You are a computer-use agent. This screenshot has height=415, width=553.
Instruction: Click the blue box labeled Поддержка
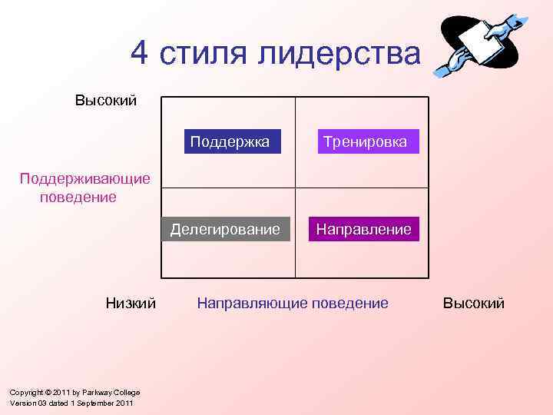click(230, 141)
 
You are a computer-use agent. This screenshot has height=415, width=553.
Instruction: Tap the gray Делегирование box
click(225, 229)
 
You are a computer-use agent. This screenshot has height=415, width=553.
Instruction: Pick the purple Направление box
click(364, 229)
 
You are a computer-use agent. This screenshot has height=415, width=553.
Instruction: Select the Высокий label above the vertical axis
click(106, 101)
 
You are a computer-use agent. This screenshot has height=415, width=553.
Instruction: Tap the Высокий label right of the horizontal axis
click(474, 303)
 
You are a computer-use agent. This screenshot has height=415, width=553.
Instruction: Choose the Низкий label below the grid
click(131, 303)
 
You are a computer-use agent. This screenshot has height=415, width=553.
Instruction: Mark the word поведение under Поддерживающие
click(78, 197)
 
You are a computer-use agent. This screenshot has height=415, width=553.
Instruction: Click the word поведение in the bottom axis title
click(349, 303)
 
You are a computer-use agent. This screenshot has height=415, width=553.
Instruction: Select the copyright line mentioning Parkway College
click(75, 393)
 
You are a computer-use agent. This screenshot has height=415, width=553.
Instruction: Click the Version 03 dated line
click(71, 403)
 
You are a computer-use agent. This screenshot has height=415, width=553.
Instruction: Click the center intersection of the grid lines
click(296, 188)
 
